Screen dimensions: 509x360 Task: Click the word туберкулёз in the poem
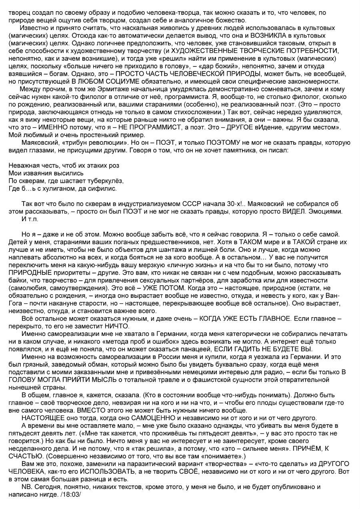coord(104,180)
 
